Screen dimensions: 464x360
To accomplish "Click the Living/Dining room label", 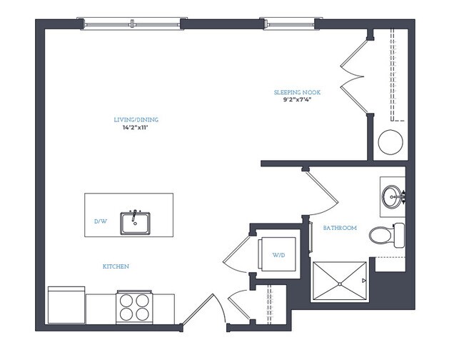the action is [136, 120].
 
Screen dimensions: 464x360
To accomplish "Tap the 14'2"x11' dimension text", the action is [135, 128].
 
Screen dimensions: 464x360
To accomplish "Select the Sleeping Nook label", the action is [297, 92].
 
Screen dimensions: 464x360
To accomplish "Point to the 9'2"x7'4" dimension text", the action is [297, 99].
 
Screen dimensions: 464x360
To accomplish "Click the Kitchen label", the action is [116, 266].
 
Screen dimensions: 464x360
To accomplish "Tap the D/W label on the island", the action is [101, 221].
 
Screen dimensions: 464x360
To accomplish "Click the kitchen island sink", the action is [135, 223].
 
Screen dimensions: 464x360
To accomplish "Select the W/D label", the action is [278, 255].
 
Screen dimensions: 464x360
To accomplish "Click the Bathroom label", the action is [340, 228].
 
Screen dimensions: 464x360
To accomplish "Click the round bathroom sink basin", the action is [393, 196].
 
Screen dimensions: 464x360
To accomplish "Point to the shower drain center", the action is [340, 284].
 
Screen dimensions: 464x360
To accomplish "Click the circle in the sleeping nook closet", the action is [390, 142].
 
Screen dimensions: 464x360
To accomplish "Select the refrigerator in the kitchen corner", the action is [66, 305].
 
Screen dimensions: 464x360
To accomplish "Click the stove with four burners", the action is [134, 307].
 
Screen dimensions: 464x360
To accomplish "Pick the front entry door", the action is [204, 310].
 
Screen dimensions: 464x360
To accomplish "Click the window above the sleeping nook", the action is [289, 24].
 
